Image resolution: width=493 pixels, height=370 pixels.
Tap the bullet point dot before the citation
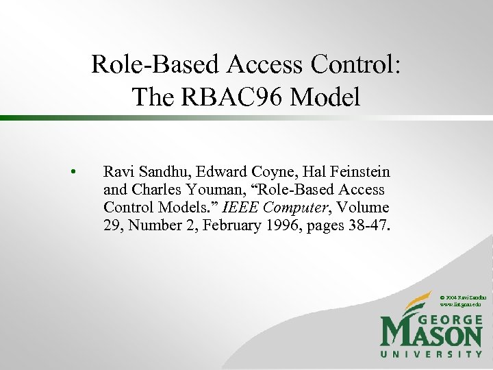pyautogui.click(x=72, y=171)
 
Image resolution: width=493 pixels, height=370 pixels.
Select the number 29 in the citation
pyautogui.click(x=112, y=225)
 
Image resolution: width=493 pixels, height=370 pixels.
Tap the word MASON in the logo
pyautogui.click(x=431, y=336)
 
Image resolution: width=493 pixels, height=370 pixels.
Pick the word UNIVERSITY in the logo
pyautogui.click(x=431, y=354)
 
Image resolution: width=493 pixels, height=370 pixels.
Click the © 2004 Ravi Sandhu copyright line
pyautogui.click(x=462, y=297)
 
